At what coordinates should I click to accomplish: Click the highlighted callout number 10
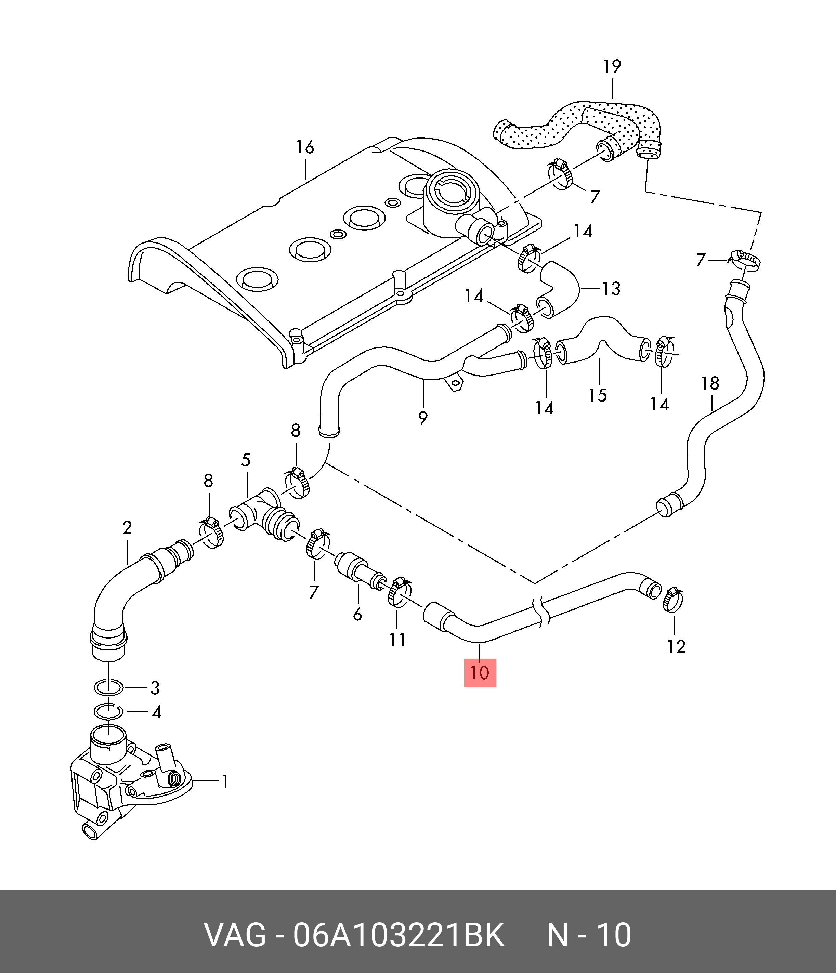click(480, 673)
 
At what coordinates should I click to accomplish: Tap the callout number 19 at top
click(612, 67)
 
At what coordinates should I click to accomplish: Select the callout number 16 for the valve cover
click(305, 147)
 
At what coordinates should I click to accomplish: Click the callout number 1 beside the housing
click(225, 781)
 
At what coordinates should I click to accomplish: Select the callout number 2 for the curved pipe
click(127, 528)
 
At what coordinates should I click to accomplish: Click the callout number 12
click(676, 647)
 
